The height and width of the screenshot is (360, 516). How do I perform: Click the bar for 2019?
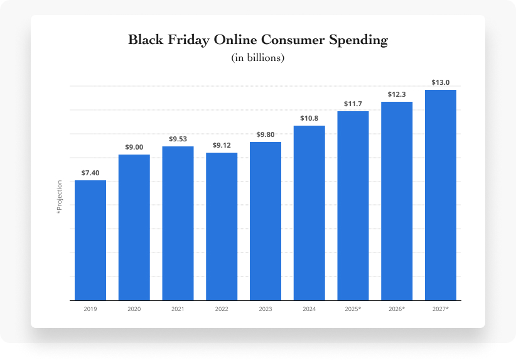90,240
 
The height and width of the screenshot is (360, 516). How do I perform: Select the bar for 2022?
222,226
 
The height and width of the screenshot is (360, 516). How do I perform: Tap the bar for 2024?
309,212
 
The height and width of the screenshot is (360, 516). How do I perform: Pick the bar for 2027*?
441,195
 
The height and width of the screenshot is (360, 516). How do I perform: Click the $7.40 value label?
90,172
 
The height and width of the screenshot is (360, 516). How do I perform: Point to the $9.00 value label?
134,146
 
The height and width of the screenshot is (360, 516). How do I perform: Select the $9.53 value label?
178,138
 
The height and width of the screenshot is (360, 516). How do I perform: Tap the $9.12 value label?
222,145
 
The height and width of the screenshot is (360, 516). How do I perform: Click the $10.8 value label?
309,118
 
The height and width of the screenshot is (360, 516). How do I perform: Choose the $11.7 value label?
353,103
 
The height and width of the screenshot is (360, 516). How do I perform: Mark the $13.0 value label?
441,82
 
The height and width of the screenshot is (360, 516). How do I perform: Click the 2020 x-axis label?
134,309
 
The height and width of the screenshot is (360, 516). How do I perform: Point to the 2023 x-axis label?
266,309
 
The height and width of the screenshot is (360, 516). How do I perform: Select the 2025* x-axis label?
353,309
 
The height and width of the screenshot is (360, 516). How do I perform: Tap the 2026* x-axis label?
397,309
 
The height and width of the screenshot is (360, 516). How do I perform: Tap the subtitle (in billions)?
258,58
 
